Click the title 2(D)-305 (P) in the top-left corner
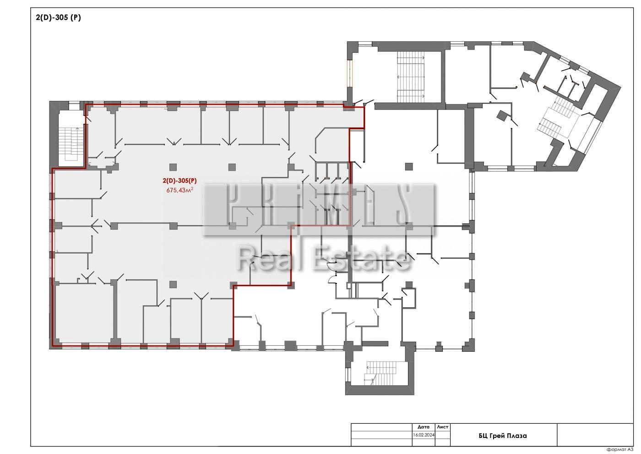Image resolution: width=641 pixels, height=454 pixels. click(x=59, y=17)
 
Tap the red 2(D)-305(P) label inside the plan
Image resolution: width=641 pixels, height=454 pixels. click(x=179, y=181)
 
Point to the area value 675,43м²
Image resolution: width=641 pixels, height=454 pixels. click(x=179, y=190)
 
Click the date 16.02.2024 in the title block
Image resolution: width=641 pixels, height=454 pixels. click(x=424, y=435)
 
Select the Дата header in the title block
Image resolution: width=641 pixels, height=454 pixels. click(x=424, y=427)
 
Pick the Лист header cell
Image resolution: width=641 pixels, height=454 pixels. click(x=442, y=427)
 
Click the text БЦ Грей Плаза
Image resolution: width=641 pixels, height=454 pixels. click(x=503, y=436)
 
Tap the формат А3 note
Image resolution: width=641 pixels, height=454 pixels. click(x=620, y=449)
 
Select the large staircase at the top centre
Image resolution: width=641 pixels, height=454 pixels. click(x=411, y=77)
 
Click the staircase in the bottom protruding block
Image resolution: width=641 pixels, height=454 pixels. click(x=381, y=373)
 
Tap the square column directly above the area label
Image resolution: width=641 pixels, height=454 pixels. click(x=173, y=167)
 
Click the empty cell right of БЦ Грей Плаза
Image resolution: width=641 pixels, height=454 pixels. click(x=595, y=435)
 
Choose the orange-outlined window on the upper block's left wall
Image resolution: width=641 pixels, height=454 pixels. click(x=350, y=73)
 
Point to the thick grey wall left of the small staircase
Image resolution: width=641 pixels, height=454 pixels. click(x=54, y=134)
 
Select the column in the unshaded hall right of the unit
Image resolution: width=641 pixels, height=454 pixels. click(x=409, y=166)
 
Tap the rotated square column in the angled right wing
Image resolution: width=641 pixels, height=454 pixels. click(x=502, y=116)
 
